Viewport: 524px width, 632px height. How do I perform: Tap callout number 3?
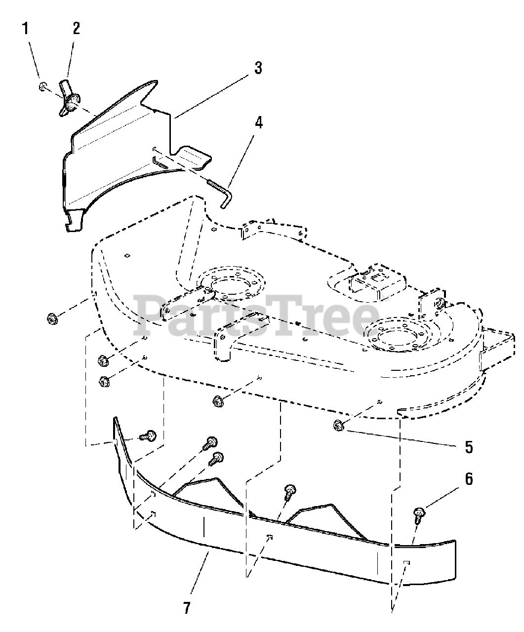(258, 68)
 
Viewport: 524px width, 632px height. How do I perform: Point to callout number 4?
(258, 122)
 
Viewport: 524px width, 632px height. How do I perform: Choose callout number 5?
(468, 447)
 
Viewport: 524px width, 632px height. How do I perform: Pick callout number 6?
(468, 478)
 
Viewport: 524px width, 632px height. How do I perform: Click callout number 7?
(186, 608)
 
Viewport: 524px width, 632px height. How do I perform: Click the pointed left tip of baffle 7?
(115, 419)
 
